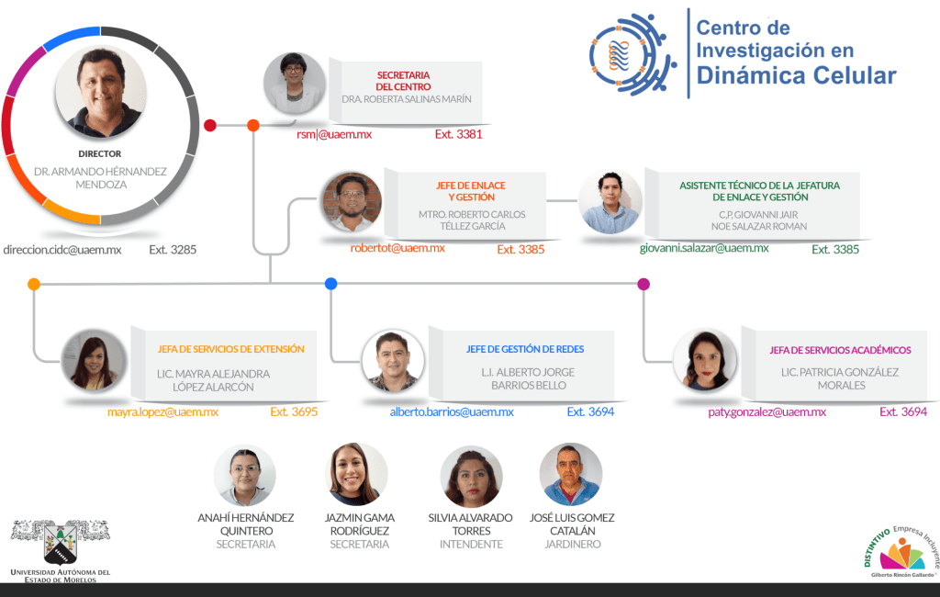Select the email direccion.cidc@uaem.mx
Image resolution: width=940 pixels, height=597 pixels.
(62, 249)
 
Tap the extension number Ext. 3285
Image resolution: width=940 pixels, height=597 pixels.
(173, 249)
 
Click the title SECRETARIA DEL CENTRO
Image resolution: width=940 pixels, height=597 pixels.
(404, 81)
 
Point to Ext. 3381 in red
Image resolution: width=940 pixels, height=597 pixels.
(458, 134)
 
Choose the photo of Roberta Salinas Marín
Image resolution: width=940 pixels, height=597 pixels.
(295, 84)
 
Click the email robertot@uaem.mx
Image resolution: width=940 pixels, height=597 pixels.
(397, 248)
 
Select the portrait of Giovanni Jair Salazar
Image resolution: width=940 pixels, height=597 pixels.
(610, 202)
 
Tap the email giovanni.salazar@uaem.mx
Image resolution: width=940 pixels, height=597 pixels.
(704, 248)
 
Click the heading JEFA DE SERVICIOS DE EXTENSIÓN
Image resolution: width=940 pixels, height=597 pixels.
(231, 349)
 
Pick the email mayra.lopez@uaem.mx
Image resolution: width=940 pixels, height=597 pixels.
(162, 412)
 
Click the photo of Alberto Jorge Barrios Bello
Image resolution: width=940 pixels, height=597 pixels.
(393, 361)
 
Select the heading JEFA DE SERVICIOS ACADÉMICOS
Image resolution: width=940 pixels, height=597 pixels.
(840, 350)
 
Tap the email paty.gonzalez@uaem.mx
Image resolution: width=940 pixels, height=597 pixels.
(767, 412)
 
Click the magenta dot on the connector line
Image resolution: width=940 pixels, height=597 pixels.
(643, 284)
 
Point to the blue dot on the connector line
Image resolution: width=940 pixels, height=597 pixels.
(331, 284)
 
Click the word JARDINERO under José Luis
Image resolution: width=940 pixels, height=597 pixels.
(572, 545)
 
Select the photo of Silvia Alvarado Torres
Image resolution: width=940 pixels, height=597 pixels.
(471, 476)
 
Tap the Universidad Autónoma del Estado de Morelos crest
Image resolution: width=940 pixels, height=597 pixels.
(60, 542)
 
